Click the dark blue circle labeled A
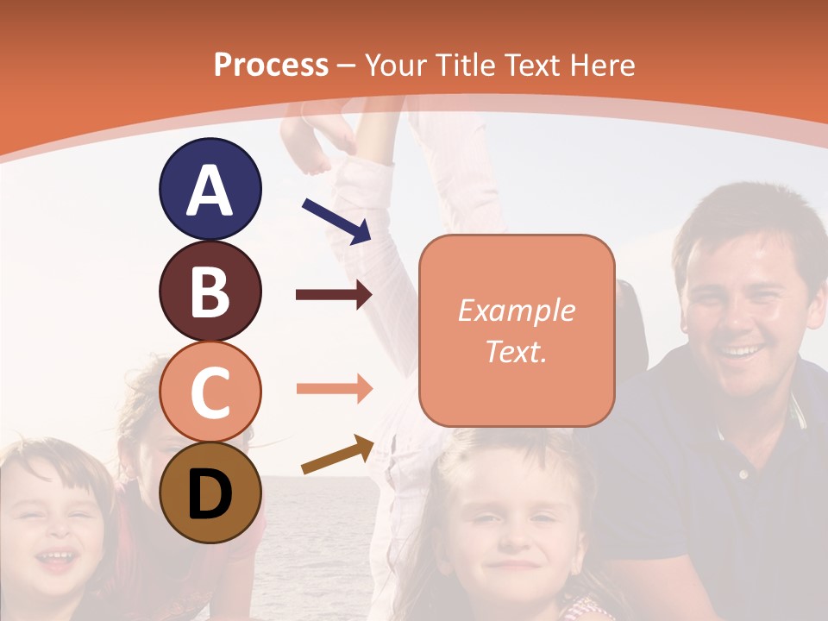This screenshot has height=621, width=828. click(x=210, y=189)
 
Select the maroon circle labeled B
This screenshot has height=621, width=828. click(x=210, y=291)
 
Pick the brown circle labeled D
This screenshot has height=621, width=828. click(x=210, y=492)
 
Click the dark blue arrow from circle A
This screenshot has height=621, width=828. click(x=336, y=220)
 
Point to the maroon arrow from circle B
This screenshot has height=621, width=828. click(x=333, y=295)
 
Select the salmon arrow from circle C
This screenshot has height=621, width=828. click(x=333, y=388)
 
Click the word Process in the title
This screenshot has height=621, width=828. click(x=271, y=65)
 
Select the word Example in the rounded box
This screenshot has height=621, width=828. click(x=516, y=310)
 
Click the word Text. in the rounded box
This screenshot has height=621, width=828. click(x=516, y=351)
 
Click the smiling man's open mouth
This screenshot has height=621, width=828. click(x=742, y=351)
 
